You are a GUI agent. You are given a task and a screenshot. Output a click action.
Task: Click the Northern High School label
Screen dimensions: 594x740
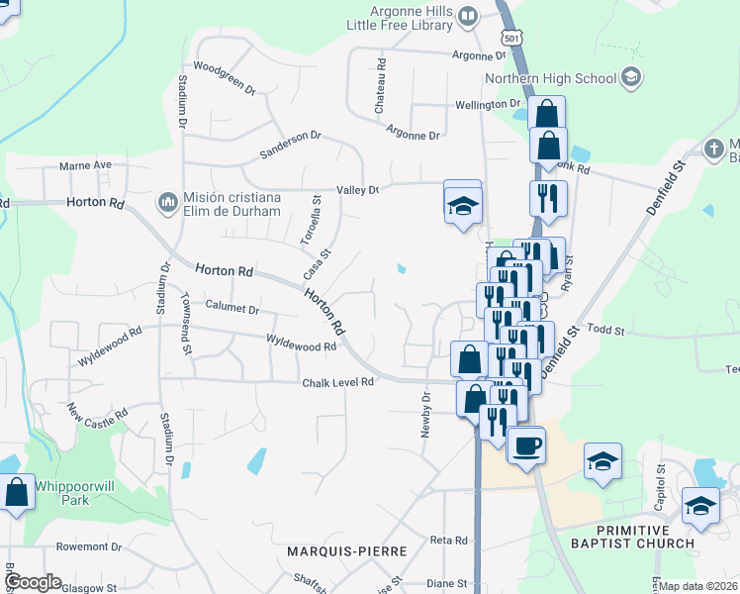click(x=549, y=78)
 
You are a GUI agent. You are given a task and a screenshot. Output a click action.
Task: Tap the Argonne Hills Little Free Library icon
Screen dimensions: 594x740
click(x=468, y=16)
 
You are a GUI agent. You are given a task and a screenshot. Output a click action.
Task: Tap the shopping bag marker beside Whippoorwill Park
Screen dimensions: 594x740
click(x=17, y=492)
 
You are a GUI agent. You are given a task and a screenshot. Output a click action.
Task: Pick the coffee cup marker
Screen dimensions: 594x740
click(x=525, y=444)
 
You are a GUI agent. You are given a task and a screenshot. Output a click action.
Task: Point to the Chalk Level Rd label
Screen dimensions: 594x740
click(x=337, y=381)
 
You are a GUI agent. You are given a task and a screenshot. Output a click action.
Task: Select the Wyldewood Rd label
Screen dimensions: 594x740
click(x=302, y=346)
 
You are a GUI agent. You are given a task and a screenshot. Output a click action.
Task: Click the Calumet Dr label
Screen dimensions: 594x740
click(x=231, y=309)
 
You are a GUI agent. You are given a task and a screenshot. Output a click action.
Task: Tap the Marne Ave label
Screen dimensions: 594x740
click(x=85, y=165)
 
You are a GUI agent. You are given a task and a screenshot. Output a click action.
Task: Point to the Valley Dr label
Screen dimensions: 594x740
click(x=358, y=189)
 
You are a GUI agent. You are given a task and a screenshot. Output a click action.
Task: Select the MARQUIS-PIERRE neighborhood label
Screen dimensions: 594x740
click(x=339, y=549)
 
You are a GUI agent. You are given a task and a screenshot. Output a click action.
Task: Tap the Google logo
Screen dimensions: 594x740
click(x=33, y=582)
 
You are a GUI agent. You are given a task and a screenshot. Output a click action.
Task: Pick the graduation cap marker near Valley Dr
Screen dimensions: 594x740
click(x=462, y=205)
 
